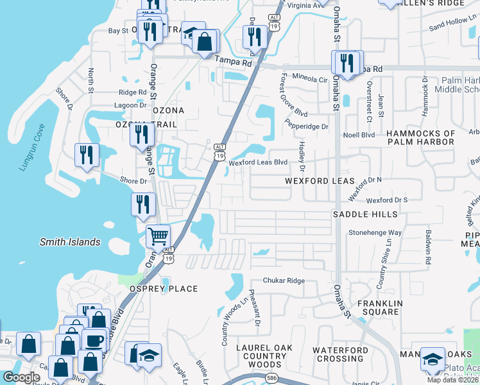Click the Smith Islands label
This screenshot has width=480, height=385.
(70, 242)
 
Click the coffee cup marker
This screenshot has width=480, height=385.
(94, 339)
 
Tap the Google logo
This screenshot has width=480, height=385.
(21, 377)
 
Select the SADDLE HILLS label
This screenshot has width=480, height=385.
(365, 214)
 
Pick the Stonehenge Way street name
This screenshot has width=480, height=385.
(375, 232)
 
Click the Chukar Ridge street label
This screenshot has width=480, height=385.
(284, 281)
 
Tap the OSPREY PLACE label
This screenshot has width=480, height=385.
(164, 289)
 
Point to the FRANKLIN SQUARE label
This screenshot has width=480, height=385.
(379, 307)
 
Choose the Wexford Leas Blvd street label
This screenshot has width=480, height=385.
(258, 162)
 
